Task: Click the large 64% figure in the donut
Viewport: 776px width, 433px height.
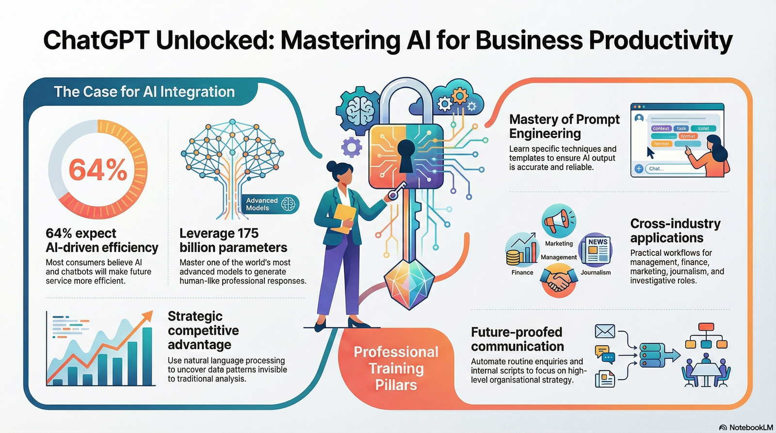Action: click(x=98, y=170)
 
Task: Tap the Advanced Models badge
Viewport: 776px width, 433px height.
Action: click(x=270, y=204)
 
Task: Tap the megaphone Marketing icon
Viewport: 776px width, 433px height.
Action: click(x=559, y=221)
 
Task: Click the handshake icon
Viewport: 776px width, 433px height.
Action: click(x=558, y=281)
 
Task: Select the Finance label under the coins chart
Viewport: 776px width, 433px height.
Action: click(x=522, y=273)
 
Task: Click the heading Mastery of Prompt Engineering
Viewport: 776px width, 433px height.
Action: click(x=564, y=126)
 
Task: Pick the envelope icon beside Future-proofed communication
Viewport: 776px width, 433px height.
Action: click(x=605, y=332)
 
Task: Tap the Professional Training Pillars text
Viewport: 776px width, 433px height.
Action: click(x=396, y=368)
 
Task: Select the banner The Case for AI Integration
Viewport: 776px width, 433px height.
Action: click(x=144, y=92)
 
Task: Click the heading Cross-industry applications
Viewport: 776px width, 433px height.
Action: click(x=675, y=230)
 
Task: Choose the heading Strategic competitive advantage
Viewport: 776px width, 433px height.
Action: click(x=203, y=330)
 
